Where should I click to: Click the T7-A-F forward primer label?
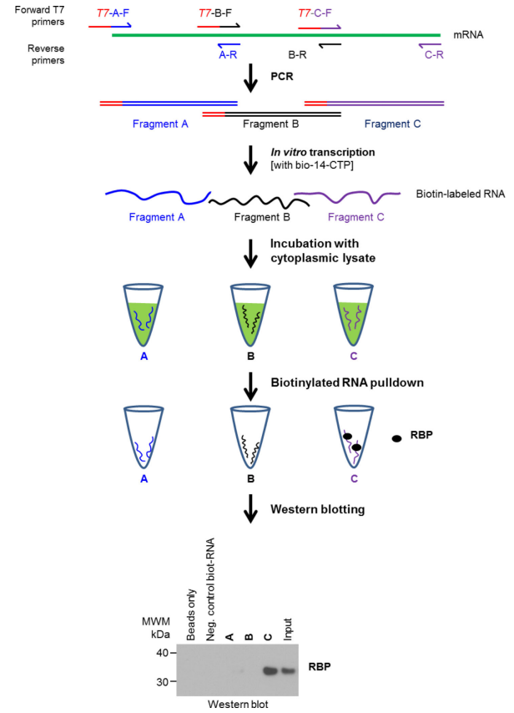click(113, 13)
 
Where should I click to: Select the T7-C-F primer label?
click(315, 13)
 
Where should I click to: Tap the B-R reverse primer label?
click(297, 55)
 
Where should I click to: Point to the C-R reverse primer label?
click(434, 55)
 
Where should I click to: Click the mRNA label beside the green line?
click(468, 35)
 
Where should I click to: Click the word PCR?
click(282, 77)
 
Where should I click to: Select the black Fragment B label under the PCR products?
click(271, 124)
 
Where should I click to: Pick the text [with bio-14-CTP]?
click(312, 164)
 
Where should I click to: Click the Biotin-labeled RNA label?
click(461, 195)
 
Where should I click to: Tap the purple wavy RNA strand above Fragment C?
click(348, 196)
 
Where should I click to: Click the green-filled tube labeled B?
click(250, 315)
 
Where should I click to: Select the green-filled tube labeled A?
click(144, 315)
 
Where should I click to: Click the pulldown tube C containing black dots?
click(354, 437)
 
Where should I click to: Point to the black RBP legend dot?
click(396, 439)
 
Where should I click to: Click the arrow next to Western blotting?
click(250, 508)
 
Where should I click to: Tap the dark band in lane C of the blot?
click(270, 670)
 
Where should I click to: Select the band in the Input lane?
click(288, 670)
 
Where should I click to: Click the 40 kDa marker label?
click(162, 653)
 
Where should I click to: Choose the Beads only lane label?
click(191, 614)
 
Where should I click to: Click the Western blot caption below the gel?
click(238, 705)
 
